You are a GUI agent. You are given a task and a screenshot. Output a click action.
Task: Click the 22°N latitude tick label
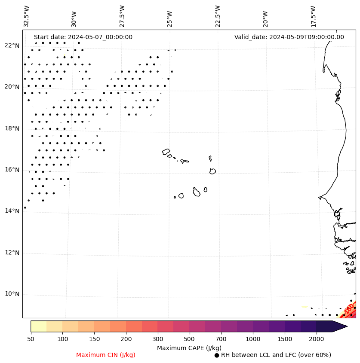pyautogui.click(x=12, y=46)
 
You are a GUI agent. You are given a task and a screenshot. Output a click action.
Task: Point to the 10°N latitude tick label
pyautogui.click(x=12, y=294)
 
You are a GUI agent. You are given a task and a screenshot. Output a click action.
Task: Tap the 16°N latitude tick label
pyautogui.click(x=12, y=170)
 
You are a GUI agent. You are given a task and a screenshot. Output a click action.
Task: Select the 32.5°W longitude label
pyautogui.click(x=27, y=16)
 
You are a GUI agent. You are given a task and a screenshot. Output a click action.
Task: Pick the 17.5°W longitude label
pyautogui.click(x=313, y=16)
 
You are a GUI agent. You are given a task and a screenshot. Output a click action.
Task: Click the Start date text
pyautogui.click(x=83, y=37)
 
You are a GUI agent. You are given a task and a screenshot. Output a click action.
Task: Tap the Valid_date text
pyautogui.click(x=289, y=37)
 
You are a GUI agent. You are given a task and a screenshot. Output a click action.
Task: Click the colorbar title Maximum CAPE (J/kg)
pyautogui.click(x=189, y=348)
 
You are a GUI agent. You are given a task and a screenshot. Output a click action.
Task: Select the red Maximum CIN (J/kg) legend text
pyautogui.click(x=106, y=355)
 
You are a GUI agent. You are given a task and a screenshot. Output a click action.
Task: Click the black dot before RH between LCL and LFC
pyautogui.click(x=217, y=355)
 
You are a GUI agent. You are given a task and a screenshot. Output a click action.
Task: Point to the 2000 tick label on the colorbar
pyautogui.click(x=316, y=339)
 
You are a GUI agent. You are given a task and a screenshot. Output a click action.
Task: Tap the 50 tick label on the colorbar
pyautogui.click(x=31, y=339)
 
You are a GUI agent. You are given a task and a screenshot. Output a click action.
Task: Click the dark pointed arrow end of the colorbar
pyautogui.click(x=340, y=326)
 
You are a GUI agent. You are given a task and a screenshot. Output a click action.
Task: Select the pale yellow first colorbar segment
pyautogui.click(x=38, y=326)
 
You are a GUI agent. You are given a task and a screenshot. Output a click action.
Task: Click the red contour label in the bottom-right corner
pyautogui.click(x=349, y=308)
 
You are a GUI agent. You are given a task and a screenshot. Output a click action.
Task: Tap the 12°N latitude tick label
pyautogui.click(x=12, y=253)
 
